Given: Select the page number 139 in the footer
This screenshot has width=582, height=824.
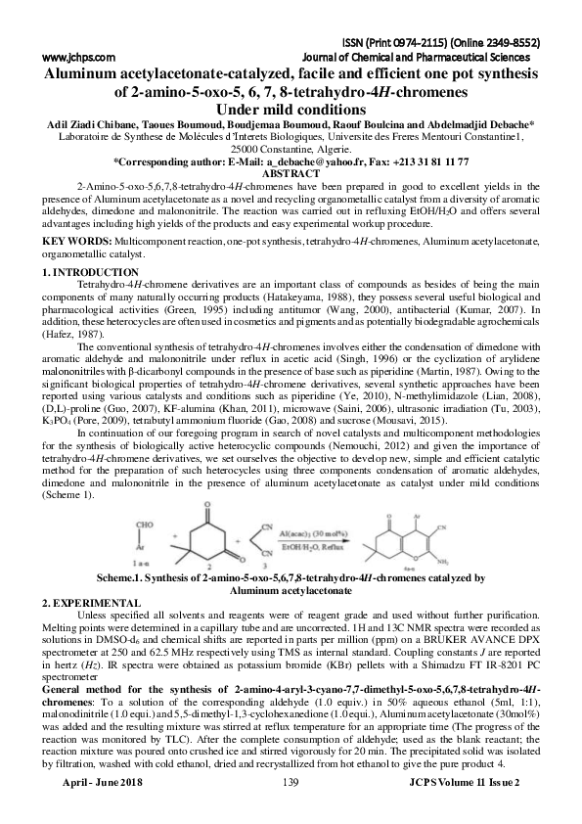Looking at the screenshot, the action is coord(290,812).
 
